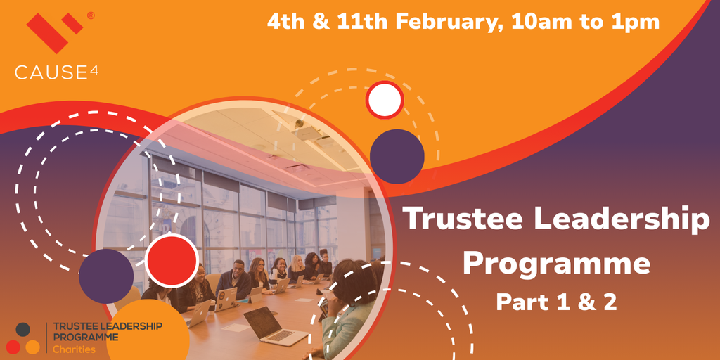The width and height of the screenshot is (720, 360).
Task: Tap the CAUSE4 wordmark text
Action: click(56, 72)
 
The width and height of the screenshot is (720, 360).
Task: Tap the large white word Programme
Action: click(556, 264)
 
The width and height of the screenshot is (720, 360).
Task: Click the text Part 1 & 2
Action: click(557, 302)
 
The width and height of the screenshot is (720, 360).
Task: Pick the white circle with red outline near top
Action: click(385, 100)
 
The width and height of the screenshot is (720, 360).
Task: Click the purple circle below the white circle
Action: click(397, 157)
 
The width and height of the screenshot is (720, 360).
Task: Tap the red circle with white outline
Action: click(172, 261)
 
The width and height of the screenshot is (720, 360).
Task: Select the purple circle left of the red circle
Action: click(106, 276)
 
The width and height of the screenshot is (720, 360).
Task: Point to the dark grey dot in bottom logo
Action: click(23, 329)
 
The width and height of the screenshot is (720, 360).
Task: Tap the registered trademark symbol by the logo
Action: click(91, 15)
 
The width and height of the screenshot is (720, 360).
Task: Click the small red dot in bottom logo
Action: click(13, 347)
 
